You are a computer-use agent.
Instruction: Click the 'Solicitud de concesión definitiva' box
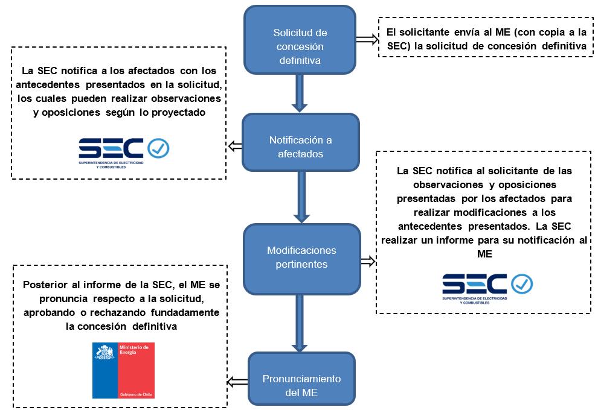pos(300,39)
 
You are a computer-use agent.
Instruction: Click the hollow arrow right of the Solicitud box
pos(365,38)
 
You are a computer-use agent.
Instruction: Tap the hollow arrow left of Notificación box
pos(234,146)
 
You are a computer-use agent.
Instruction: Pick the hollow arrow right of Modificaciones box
pos(367,261)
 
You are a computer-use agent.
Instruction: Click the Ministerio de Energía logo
pos(123,370)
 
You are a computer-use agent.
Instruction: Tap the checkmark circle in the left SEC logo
pos(158,148)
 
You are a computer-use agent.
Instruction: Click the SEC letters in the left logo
pos(111,148)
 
